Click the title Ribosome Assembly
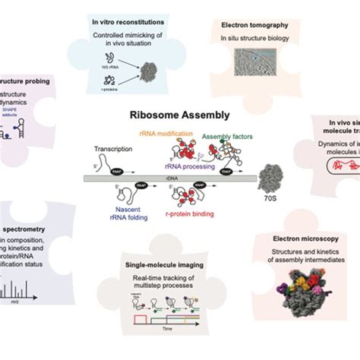179,118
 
